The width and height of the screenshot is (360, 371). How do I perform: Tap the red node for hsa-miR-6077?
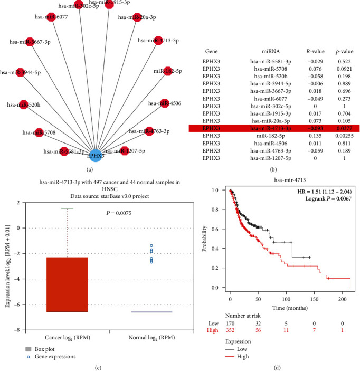pyautogui.click(x=51, y=17)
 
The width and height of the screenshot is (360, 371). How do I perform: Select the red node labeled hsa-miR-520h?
pyautogui.click(x=23, y=104)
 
